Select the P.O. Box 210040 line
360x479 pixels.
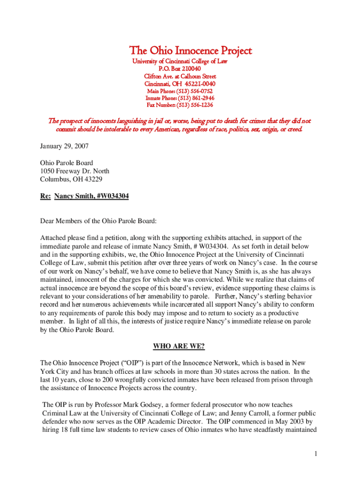[180, 69]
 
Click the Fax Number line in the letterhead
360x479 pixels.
[180, 105]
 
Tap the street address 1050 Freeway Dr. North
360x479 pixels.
[75, 171]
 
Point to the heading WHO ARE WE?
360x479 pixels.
[179, 347]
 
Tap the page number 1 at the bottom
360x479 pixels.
[317, 453]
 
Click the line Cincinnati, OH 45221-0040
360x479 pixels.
[180, 83]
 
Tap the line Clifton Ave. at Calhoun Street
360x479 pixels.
[180, 76]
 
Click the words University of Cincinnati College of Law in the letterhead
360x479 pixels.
[180, 61]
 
